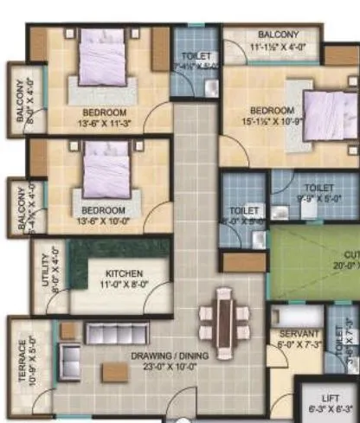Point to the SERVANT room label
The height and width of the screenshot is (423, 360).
[299, 334]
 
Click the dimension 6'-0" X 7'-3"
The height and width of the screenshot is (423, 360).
[299, 343]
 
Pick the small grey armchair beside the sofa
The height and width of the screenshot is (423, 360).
[66, 356]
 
